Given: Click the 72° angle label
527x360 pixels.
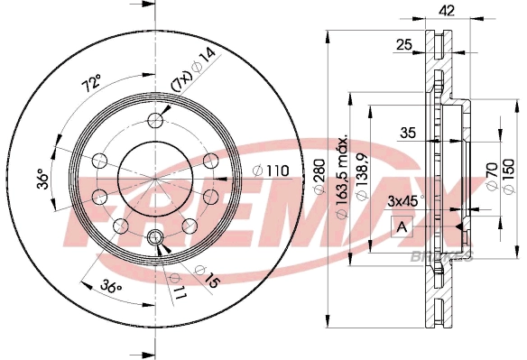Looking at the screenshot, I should [x=90, y=85].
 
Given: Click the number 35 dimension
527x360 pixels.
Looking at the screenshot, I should [x=408, y=133].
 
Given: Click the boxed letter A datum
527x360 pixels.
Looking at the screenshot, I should [x=401, y=226].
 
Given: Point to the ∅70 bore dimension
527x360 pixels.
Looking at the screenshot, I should [x=491, y=175].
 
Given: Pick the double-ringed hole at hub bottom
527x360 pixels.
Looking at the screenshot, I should [x=155, y=238].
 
